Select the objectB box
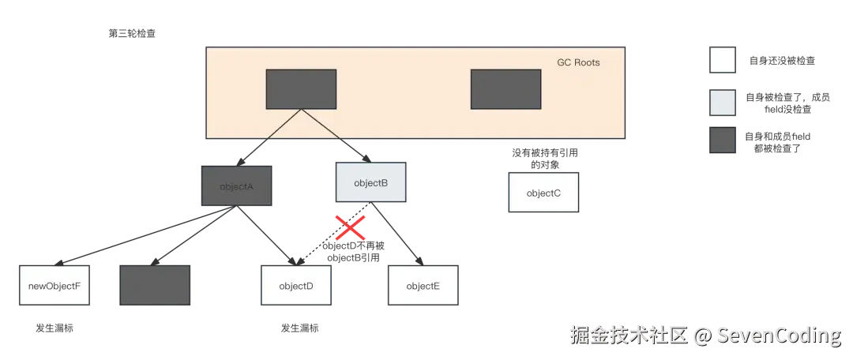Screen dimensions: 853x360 370,183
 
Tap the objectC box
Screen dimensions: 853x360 543,193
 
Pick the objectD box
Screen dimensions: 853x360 296,286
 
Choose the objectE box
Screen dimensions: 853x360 423,286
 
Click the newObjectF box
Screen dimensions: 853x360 54,286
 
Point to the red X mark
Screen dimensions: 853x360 350,228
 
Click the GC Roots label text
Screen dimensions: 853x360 578,62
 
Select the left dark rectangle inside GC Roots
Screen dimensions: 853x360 301,89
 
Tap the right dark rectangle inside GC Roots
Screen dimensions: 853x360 505,89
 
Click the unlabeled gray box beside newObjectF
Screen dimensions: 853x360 155,285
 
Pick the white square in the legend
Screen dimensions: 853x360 723,60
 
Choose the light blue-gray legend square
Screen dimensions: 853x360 723,102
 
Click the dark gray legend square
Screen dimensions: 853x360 723,141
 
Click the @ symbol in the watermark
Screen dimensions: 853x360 701,336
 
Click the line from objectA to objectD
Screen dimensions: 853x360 265,234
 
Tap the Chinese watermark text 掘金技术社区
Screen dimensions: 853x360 628,336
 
